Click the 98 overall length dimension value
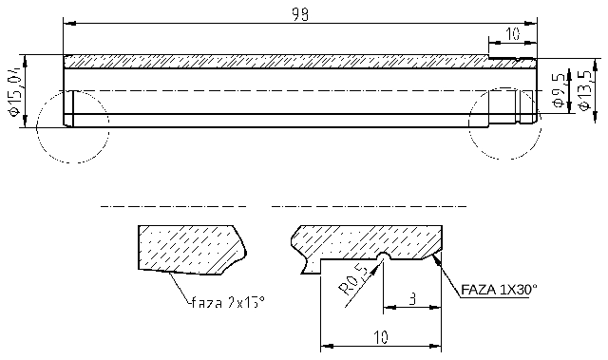(x=301, y=14)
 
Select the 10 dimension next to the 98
(x=513, y=34)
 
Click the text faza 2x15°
(x=227, y=303)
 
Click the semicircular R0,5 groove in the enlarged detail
(x=382, y=256)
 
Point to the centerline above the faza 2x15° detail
(x=173, y=205)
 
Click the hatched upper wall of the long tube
(x=275, y=62)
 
